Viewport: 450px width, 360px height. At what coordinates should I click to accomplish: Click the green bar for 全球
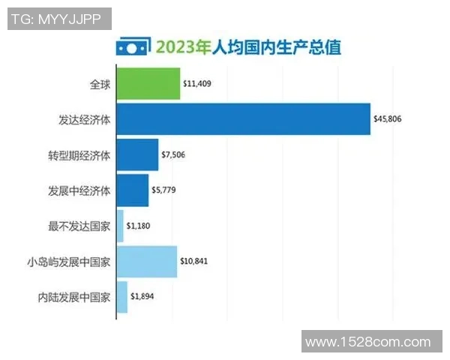tap(148, 83)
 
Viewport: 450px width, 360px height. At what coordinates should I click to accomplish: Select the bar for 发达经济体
tap(243, 118)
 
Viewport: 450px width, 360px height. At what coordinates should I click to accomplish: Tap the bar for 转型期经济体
tap(137, 155)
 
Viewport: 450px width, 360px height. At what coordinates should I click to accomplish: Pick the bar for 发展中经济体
tap(133, 190)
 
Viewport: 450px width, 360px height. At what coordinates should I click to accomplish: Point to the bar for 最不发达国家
tap(120, 226)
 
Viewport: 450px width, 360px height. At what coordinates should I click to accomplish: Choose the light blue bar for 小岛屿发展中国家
tap(147, 261)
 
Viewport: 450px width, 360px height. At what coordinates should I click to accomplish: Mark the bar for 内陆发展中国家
tap(122, 296)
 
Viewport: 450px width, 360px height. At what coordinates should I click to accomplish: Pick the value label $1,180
tap(139, 226)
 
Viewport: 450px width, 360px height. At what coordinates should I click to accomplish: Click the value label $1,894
tap(142, 296)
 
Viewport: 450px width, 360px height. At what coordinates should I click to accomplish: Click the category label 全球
tap(99, 83)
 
